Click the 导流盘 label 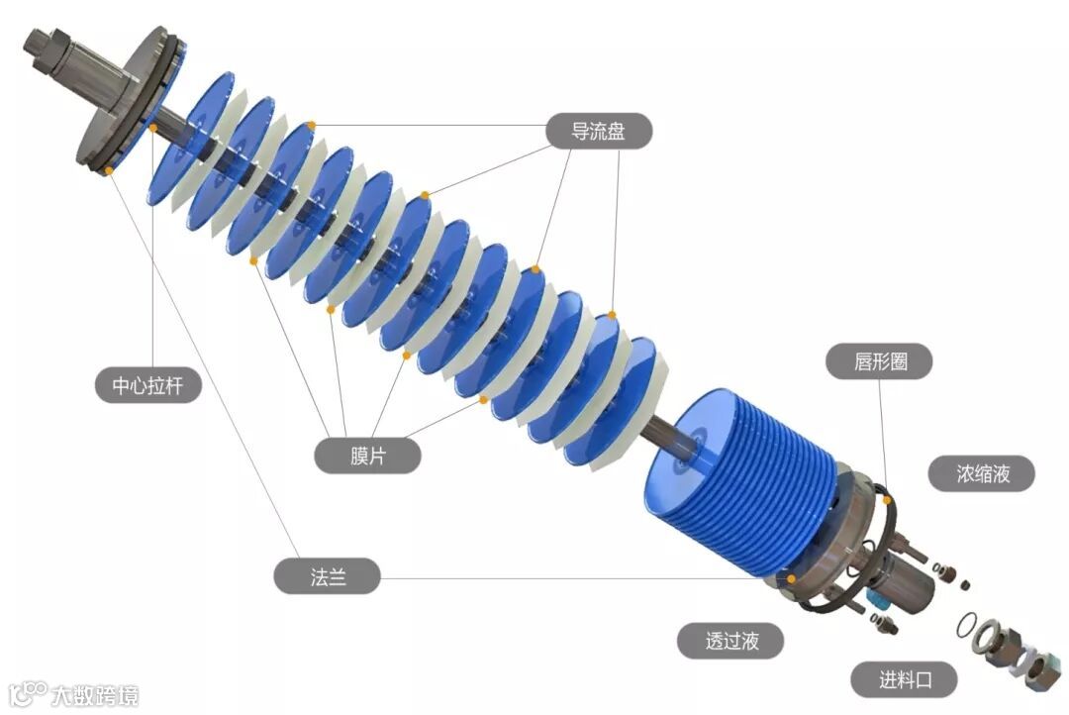click(599, 131)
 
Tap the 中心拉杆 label click(147, 385)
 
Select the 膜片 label click(367, 456)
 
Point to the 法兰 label click(328, 576)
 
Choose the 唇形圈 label click(880, 360)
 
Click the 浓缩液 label click(982, 472)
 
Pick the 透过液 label click(730, 641)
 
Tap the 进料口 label click(904, 679)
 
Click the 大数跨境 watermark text click(95, 694)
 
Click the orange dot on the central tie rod click(153, 128)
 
